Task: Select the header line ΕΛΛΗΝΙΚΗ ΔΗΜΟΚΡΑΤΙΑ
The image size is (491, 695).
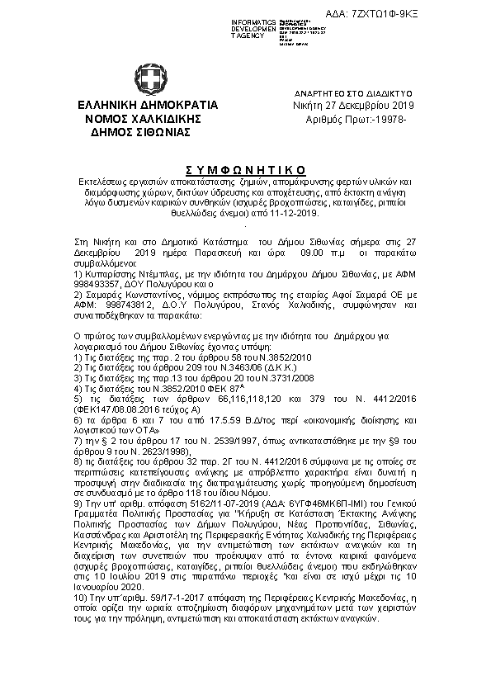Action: point(147,106)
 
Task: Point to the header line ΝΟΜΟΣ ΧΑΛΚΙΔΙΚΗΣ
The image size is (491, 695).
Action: point(146,118)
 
